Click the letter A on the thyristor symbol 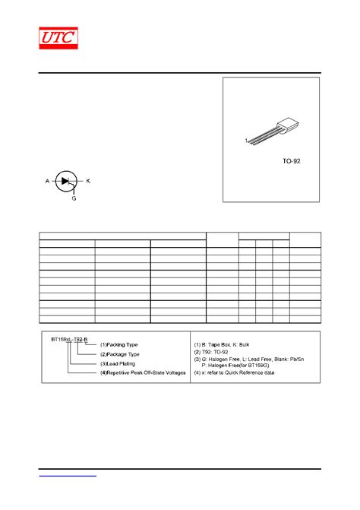coord(47,181)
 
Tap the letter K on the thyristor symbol coord(88,181)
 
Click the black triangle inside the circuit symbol coord(66,181)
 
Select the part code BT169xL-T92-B coord(70,339)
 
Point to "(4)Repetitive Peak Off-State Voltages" coord(143,372)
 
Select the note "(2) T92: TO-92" coord(221,353)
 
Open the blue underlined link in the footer coord(68,474)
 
